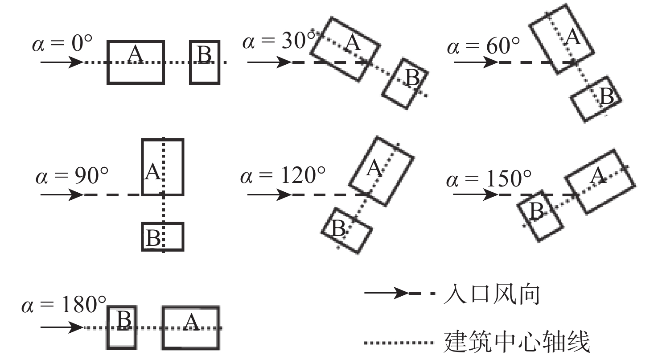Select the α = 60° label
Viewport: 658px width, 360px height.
click(x=483, y=46)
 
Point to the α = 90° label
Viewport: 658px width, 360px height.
click(x=72, y=176)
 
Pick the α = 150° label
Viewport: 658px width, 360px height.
click(x=489, y=178)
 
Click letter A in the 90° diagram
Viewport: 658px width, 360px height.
click(x=153, y=172)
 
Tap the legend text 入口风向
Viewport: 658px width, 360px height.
click(x=491, y=294)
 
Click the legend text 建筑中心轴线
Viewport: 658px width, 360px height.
click(x=517, y=341)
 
